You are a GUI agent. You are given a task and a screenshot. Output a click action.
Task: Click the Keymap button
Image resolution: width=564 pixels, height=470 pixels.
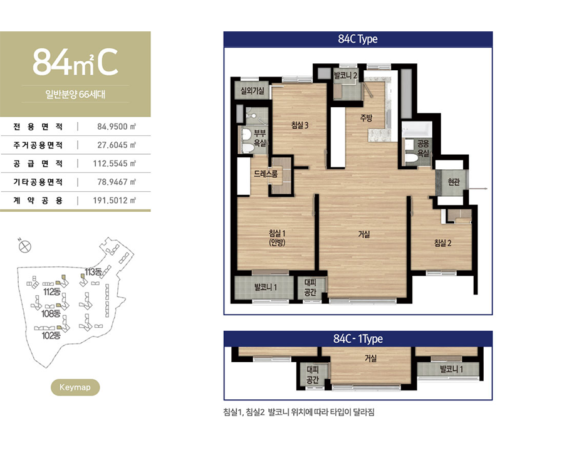coord(75,387)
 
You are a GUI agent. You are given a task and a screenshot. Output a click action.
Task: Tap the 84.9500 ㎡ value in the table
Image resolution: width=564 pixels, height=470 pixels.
coord(117,127)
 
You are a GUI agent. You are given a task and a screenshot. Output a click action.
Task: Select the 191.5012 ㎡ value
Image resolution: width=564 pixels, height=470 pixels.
coord(115,201)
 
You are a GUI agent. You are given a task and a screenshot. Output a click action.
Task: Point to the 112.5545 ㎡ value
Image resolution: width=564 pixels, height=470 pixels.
coord(115,164)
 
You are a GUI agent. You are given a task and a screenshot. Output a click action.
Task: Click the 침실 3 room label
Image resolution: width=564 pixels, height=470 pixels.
coord(300,125)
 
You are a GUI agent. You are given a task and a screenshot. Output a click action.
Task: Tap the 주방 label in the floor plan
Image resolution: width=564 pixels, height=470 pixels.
coord(366,117)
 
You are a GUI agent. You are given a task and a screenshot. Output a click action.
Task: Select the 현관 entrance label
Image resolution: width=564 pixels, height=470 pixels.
coord(454,182)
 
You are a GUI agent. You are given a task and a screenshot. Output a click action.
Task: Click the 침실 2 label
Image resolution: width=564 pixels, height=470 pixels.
coord(442,243)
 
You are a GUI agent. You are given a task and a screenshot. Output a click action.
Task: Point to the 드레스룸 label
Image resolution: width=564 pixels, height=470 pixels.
coord(266,174)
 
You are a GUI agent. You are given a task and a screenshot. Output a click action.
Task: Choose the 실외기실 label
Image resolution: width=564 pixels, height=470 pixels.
coord(253,91)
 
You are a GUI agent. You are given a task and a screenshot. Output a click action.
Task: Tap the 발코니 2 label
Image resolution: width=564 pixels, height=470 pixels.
coord(345,76)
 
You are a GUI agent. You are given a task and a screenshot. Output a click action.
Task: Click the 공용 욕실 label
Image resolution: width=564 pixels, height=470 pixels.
coord(423,149)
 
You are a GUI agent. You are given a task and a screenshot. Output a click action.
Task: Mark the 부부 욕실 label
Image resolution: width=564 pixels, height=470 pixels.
coord(259,138)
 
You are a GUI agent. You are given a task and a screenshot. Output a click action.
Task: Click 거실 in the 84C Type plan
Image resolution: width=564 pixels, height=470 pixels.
coord(363,234)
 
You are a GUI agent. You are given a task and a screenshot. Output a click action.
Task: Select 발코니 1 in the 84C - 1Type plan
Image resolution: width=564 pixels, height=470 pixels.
coord(451,369)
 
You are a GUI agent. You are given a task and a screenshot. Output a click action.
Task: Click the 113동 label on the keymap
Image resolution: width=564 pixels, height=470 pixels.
coord(93,272)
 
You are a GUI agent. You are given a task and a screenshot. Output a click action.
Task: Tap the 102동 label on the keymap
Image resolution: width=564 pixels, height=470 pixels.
coord(51,335)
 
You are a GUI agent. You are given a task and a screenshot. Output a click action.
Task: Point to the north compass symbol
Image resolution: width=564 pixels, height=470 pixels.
coord(24,246)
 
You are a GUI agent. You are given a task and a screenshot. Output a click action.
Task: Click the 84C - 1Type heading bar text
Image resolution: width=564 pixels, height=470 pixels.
coord(358,339)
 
